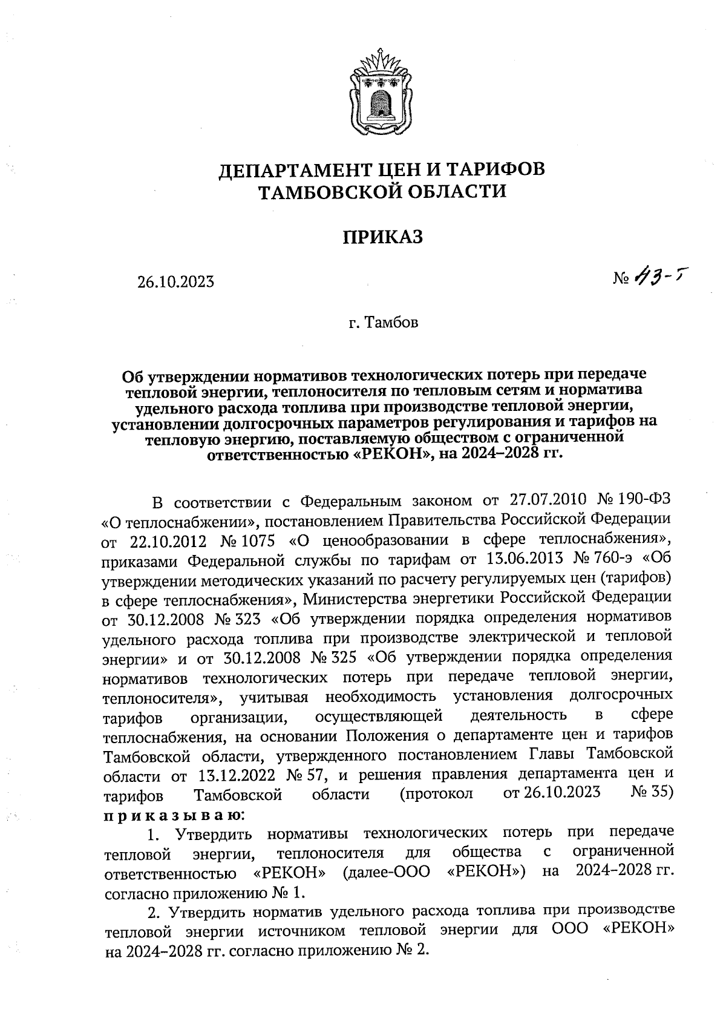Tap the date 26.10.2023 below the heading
click(x=175, y=282)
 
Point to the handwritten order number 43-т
click(x=661, y=277)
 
